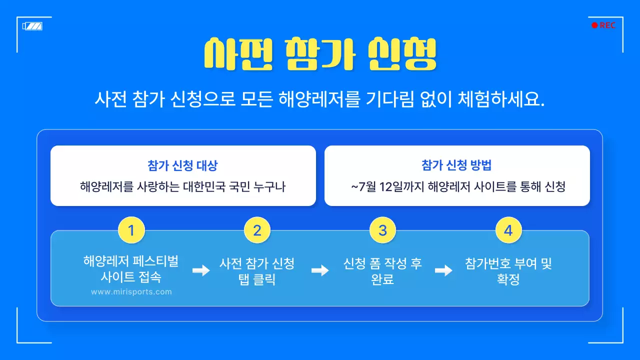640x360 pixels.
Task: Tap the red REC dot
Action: [x=594, y=25]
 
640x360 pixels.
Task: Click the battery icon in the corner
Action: [x=32, y=26]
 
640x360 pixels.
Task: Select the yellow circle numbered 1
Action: [x=131, y=230]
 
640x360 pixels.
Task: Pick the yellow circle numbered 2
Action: [x=257, y=230]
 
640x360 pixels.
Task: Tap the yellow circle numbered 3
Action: [x=382, y=230]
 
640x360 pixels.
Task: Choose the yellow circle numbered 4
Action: [x=508, y=230]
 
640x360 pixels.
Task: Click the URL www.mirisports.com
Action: [x=131, y=292]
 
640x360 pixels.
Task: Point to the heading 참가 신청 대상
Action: [x=183, y=165]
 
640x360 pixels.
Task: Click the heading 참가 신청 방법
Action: [x=457, y=165]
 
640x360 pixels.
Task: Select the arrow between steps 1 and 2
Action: [x=201, y=270]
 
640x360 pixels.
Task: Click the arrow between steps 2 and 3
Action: [x=320, y=270]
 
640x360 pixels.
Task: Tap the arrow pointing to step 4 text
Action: [x=443, y=270]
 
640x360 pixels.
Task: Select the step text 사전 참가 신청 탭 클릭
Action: [x=257, y=271]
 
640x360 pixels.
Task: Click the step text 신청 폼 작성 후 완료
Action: [x=382, y=271]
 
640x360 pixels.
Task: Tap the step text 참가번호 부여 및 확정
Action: [x=508, y=271]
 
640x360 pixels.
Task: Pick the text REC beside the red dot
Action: [x=607, y=25]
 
